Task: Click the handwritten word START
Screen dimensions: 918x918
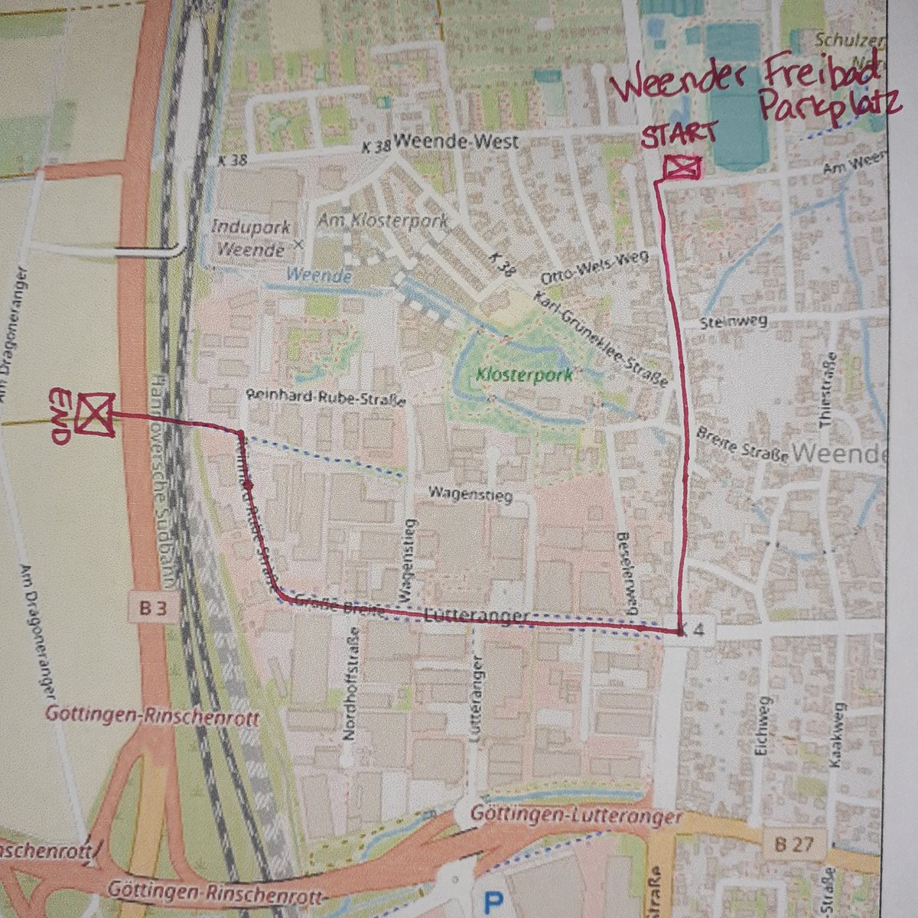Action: (679, 137)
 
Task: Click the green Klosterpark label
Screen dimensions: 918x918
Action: (523, 376)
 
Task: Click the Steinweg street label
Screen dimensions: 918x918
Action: (731, 324)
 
